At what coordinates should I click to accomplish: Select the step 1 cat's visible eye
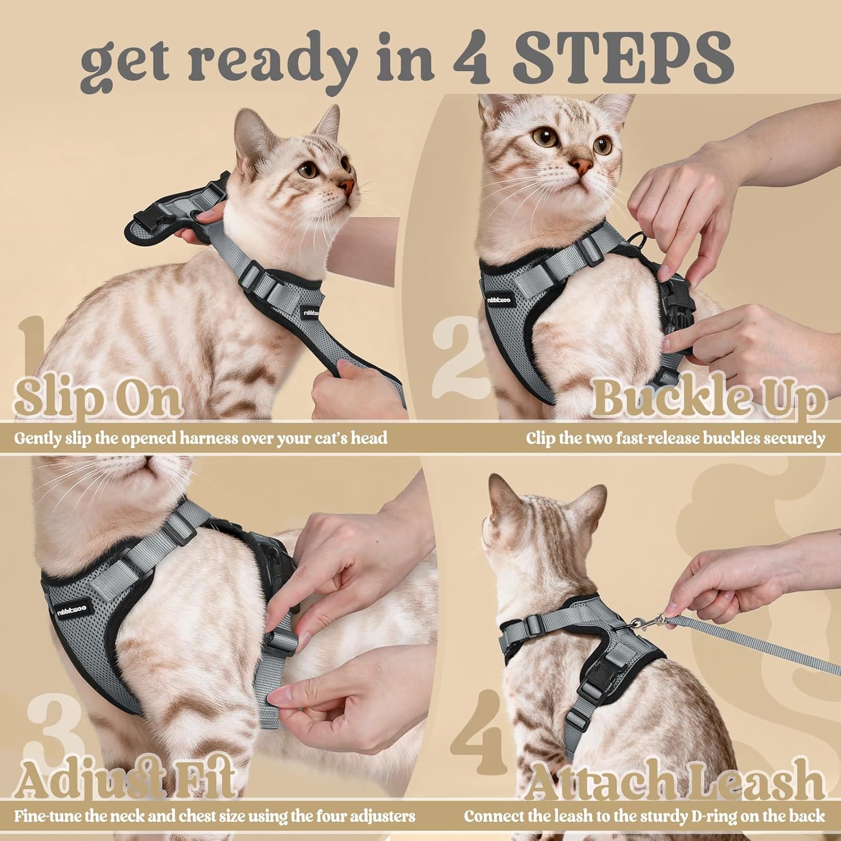click(x=307, y=170)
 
